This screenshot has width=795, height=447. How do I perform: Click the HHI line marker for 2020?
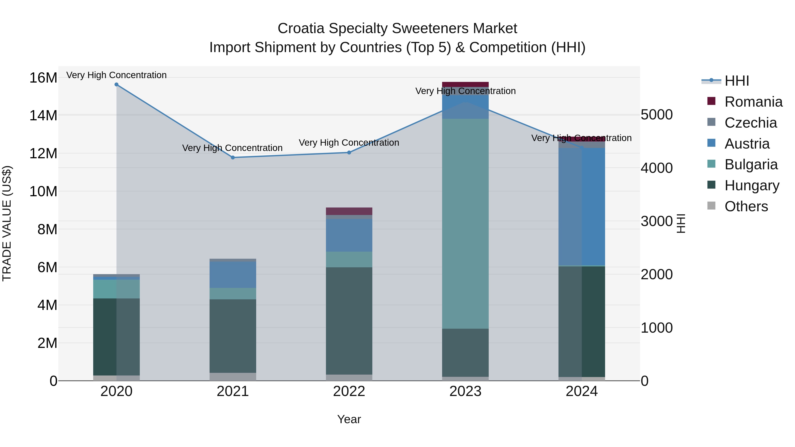pyautogui.click(x=116, y=85)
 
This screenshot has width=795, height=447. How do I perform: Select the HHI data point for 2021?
pyautogui.click(x=233, y=158)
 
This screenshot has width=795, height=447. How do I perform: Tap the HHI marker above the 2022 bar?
pyautogui.click(x=349, y=152)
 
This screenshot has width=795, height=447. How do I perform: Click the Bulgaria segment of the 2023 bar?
pyautogui.click(x=465, y=223)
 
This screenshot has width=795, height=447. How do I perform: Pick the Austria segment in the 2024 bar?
pyautogui.click(x=581, y=206)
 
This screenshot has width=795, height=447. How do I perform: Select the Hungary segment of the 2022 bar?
pyautogui.click(x=349, y=321)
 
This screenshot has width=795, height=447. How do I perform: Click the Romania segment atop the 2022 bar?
pyautogui.click(x=349, y=211)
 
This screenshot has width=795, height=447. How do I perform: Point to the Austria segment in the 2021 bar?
pyautogui.click(x=233, y=275)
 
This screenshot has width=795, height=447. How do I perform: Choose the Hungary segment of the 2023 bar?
pyautogui.click(x=465, y=352)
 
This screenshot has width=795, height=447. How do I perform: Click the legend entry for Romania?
pyautogui.click(x=753, y=102)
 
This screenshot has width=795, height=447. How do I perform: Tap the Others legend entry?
pyautogui.click(x=746, y=206)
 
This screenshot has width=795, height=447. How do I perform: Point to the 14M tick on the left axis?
pyautogui.click(x=43, y=115)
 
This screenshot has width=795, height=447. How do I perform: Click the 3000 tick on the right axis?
pyautogui.click(x=657, y=221)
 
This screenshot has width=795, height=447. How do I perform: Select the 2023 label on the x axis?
pyautogui.click(x=465, y=391)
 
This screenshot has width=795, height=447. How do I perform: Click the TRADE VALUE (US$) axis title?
pyautogui.click(x=7, y=223)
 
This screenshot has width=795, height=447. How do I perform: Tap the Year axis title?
pyautogui.click(x=349, y=419)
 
